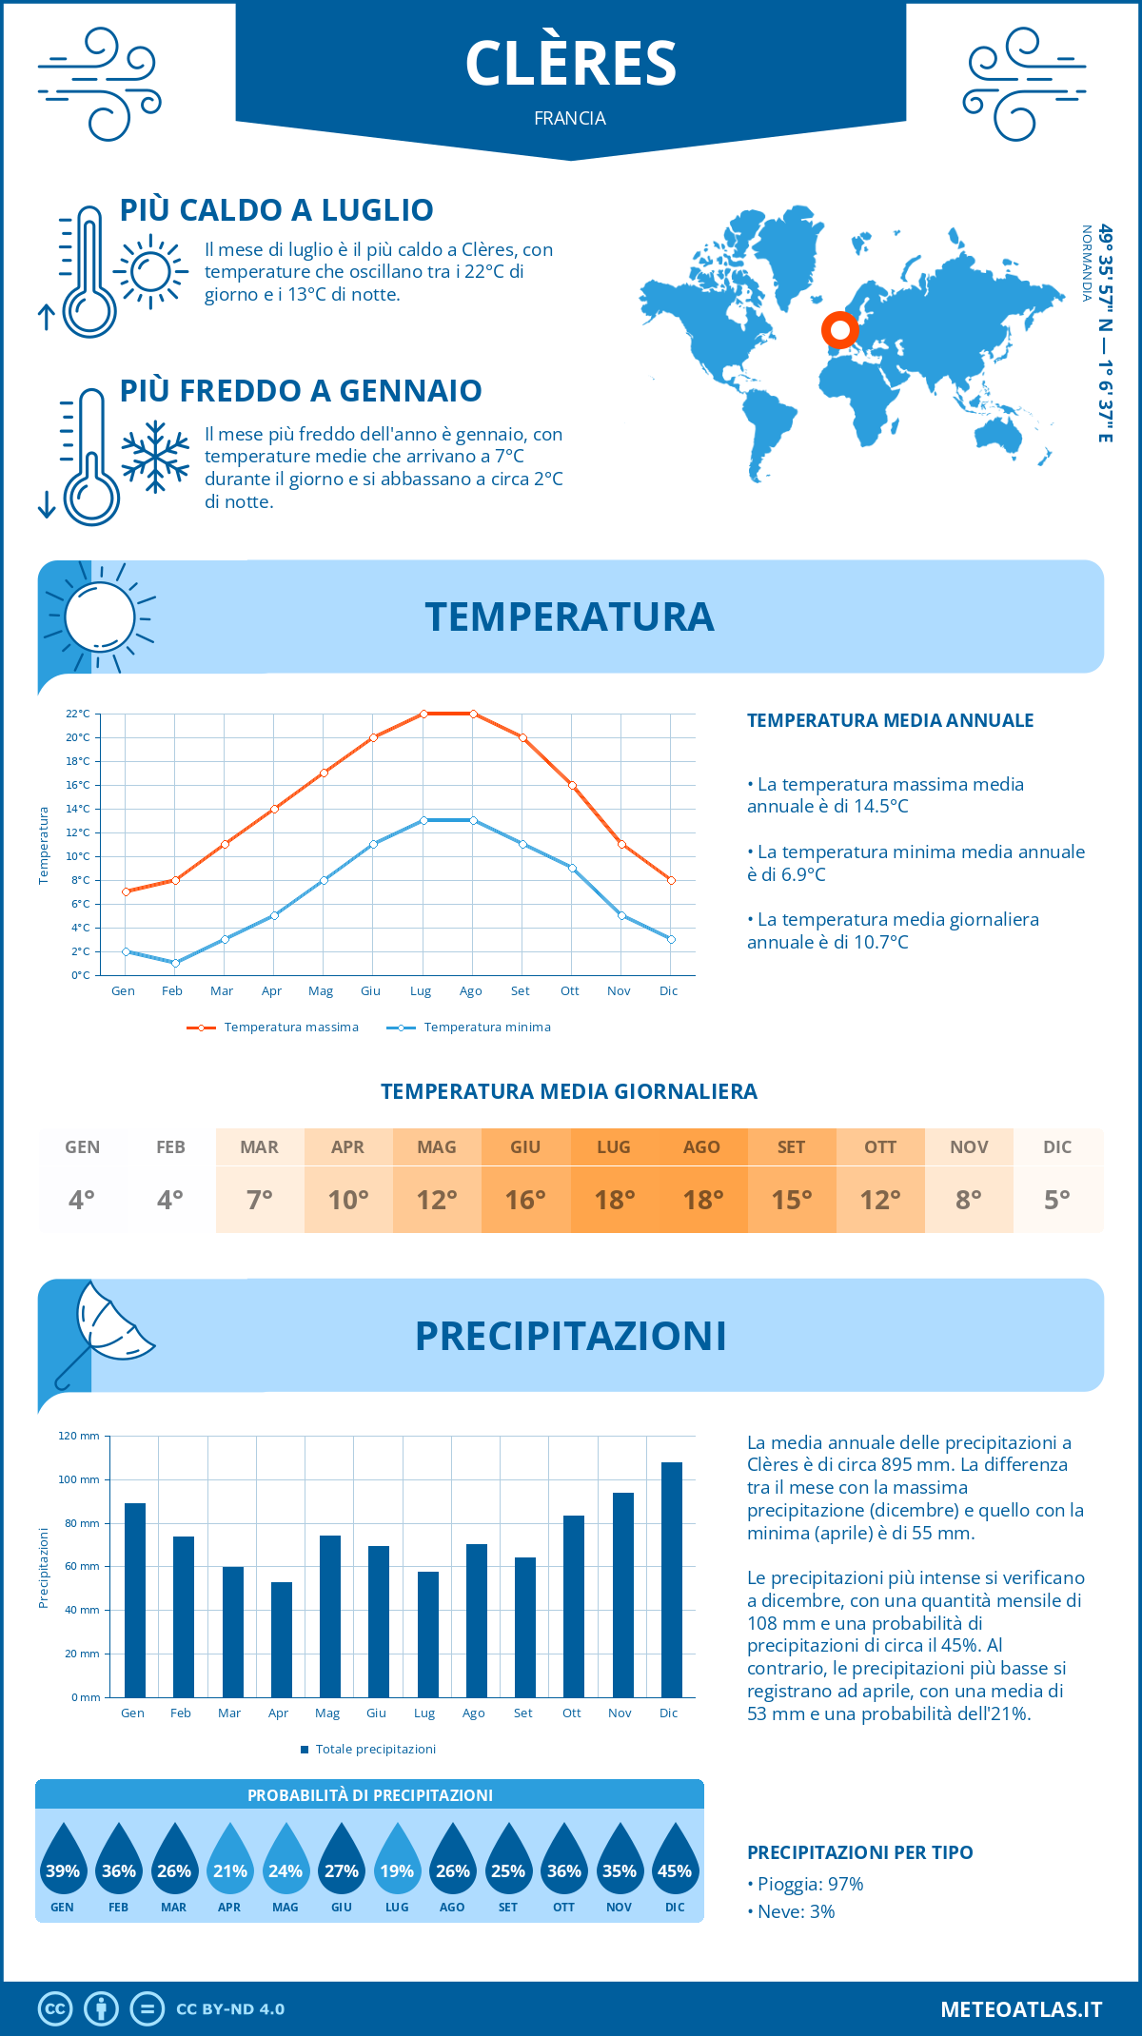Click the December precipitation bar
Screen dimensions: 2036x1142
(672, 1579)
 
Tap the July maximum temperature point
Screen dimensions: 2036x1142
(423, 714)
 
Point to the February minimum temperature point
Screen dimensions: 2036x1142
(175, 963)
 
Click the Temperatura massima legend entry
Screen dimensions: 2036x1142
(273, 1028)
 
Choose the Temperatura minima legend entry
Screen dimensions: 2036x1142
(469, 1028)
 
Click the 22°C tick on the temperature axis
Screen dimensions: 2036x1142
(78, 714)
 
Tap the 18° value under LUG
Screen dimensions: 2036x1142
(614, 1200)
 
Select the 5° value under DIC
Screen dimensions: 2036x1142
(1057, 1200)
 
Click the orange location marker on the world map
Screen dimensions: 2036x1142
(839, 330)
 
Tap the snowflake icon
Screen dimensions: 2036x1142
(155, 457)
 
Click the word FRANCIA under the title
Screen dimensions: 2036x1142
(570, 118)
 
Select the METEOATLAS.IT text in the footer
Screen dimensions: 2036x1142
(1021, 2009)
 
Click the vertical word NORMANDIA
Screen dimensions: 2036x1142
(1086, 264)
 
